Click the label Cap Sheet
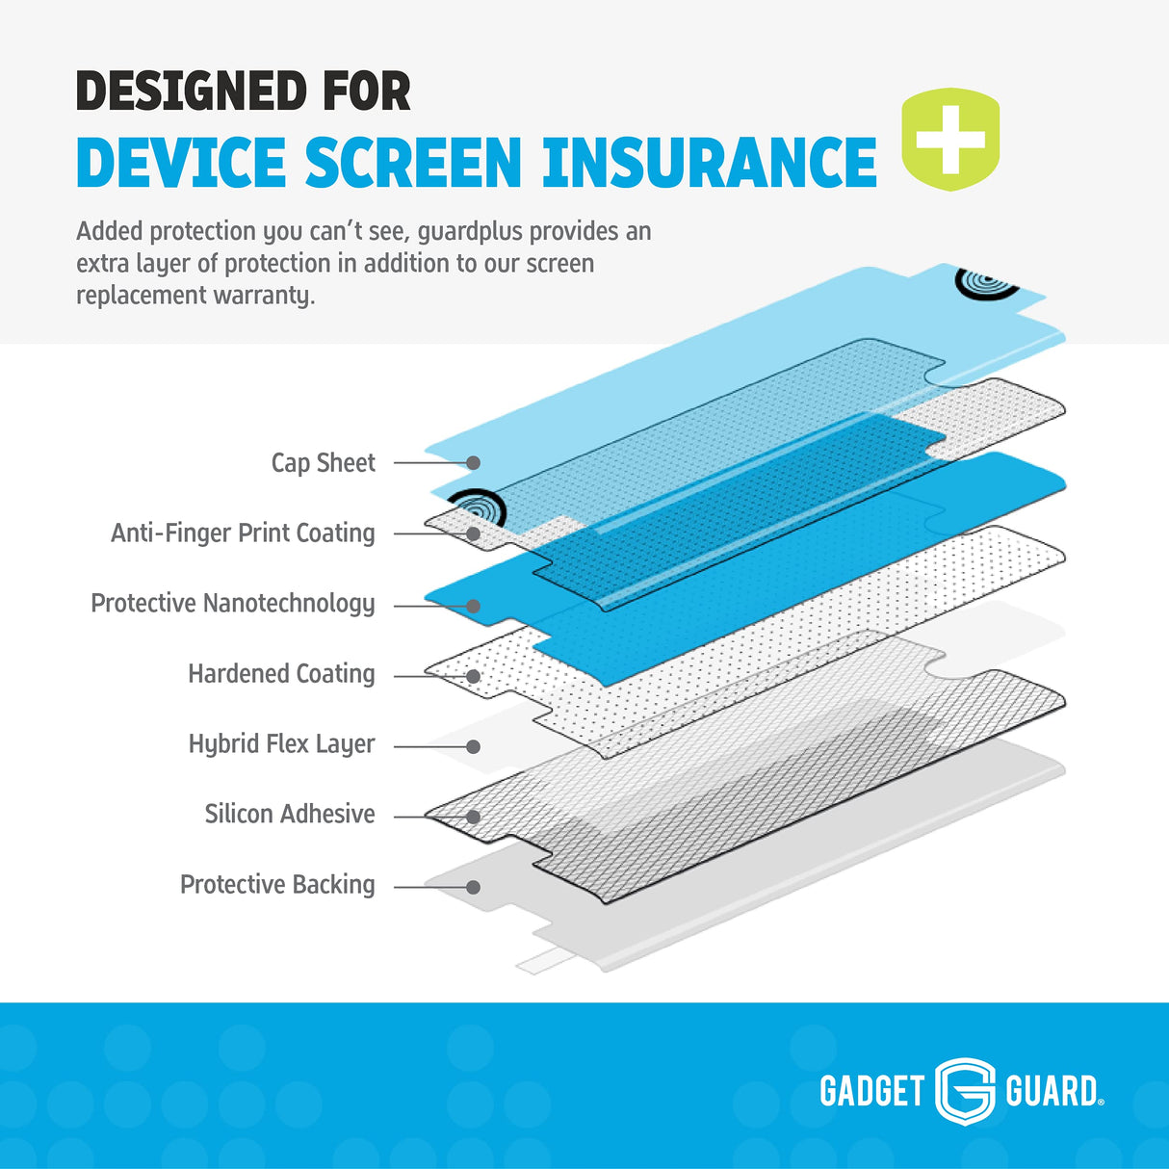point(323,463)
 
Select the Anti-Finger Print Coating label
point(243,533)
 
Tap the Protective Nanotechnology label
point(233,604)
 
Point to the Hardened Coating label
point(281,674)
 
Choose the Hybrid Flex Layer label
point(281,744)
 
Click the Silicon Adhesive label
point(289,815)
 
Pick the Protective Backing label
point(277,885)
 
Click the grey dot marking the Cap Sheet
point(473,463)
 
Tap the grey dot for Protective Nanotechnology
point(473,606)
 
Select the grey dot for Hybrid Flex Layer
point(473,746)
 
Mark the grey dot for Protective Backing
point(473,887)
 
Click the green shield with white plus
point(950,140)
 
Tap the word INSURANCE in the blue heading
point(709,163)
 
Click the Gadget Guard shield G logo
point(965,1090)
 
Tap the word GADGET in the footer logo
point(871,1091)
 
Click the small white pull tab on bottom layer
point(534,963)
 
